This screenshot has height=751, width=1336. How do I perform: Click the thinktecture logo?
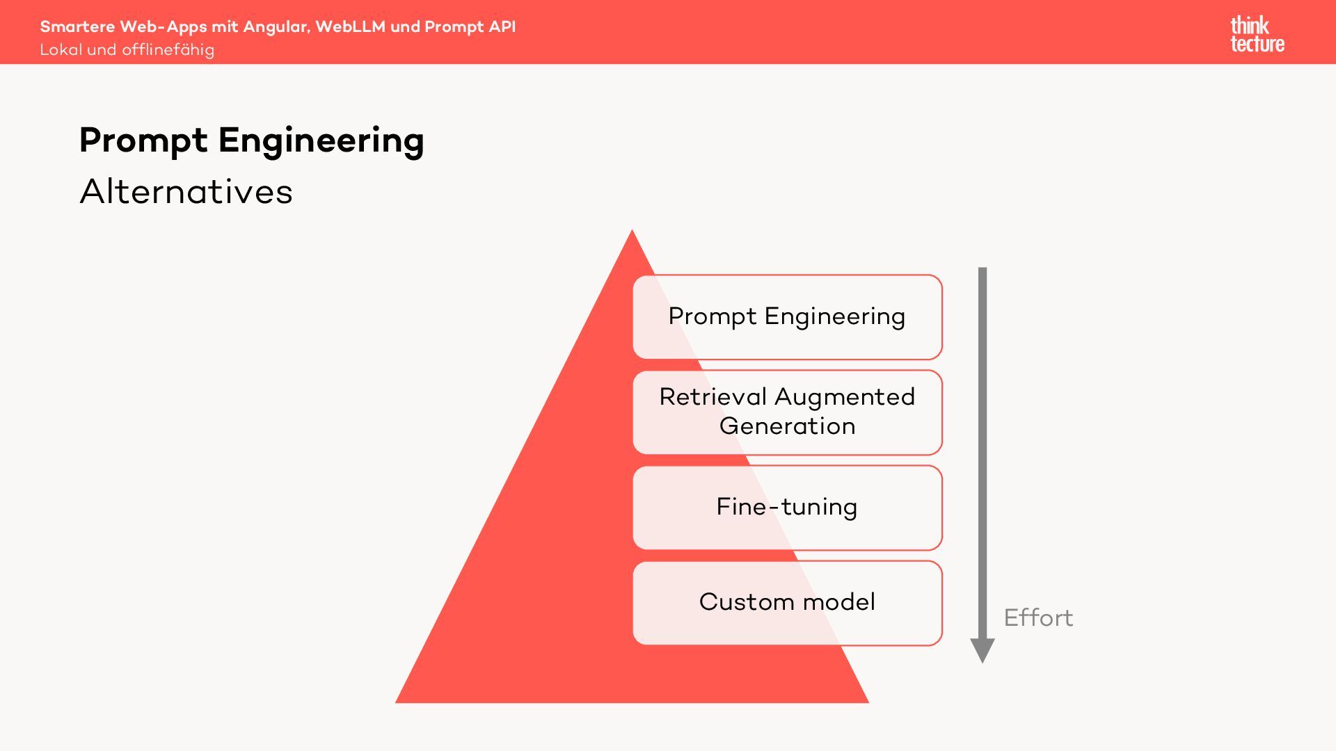click(1257, 34)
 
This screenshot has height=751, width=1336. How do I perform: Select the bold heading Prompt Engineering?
click(251, 140)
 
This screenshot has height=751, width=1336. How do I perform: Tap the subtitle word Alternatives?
click(186, 191)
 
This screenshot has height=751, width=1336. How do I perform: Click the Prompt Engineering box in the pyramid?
click(787, 317)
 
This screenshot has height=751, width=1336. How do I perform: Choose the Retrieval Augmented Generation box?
click(787, 412)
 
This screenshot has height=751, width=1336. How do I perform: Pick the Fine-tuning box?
click(787, 508)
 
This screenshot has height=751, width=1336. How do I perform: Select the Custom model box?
click(787, 603)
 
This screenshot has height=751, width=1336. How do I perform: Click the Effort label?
click(1038, 617)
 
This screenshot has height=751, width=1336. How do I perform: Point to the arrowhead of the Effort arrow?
click(983, 651)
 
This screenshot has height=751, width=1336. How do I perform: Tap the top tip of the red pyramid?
click(632, 232)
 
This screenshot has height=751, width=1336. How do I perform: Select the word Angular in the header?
click(276, 27)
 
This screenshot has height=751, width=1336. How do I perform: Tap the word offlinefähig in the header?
click(168, 50)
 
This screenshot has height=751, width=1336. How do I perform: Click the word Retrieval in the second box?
click(713, 397)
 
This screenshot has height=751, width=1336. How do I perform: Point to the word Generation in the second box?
click(787, 426)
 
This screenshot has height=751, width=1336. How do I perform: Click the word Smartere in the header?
click(77, 26)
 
